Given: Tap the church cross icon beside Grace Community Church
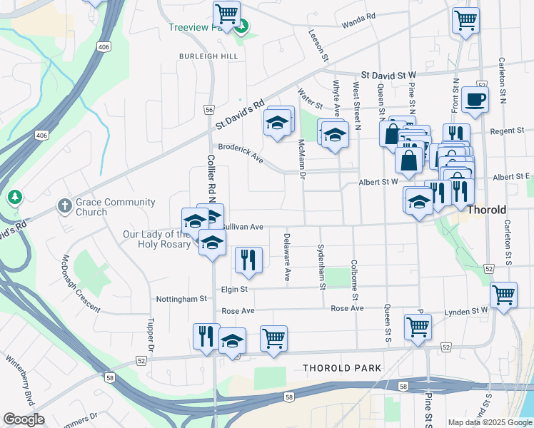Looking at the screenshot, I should pos(64,206).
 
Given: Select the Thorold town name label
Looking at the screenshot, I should pos(487,210).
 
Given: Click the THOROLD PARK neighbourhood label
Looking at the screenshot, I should pos(342,368).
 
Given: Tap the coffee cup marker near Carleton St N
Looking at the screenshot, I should pos(474,101).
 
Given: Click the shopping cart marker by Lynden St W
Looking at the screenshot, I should pos(503,296).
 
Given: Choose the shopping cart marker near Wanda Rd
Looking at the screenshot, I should pos(465,21).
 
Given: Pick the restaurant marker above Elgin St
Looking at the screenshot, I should pos(248,260).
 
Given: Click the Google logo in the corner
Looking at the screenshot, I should pos(23,419).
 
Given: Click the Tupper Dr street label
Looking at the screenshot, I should pos(151,332).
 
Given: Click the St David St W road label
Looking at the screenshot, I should pos(388,74).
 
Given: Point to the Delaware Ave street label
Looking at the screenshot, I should pos(287,256).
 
